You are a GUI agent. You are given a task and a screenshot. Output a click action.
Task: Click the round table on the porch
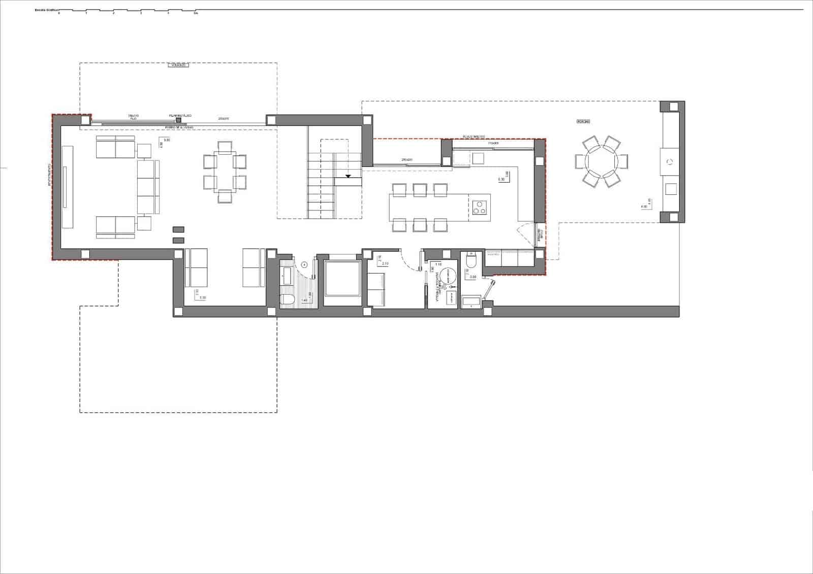tap(601, 161)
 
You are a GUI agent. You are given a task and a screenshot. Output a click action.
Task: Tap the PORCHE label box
tap(583, 122)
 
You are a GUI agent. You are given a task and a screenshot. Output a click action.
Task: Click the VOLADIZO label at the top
tap(178, 65)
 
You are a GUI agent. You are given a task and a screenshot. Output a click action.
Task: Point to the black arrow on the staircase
tap(348, 177)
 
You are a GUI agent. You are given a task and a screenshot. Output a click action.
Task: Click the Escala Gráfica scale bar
tap(127, 11)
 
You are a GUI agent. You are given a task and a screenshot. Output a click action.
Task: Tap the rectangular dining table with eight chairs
tap(225, 172)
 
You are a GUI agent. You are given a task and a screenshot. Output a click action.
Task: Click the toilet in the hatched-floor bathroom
tap(287, 300)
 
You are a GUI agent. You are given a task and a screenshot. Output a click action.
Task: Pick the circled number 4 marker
tap(304, 264)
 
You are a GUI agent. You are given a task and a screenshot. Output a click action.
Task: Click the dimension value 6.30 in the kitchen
tap(501, 179)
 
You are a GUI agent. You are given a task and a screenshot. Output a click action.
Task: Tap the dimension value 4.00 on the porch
tap(644, 207)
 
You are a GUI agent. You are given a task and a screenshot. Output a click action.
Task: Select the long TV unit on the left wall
tap(68, 177)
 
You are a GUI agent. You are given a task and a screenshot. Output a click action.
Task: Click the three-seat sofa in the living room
tap(148, 187)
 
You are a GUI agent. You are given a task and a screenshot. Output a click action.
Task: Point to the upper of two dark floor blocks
tap(178, 230)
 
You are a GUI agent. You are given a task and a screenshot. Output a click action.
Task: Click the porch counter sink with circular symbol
tap(670, 162)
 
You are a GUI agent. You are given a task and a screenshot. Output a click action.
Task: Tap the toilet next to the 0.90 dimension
tap(471, 261)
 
